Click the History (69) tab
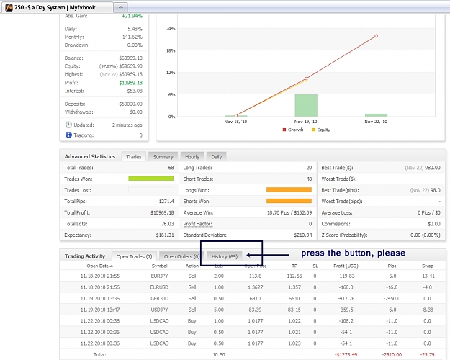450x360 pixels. click(225, 256)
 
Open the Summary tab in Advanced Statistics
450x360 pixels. click(163, 157)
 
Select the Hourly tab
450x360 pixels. click(192, 157)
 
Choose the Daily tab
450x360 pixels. click(217, 157)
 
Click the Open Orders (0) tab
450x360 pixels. click(181, 256)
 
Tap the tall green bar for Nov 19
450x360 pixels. click(306, 105)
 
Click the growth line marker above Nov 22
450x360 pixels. click(376, 36)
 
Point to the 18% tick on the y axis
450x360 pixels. click(171, 50)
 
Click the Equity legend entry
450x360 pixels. click(321, 130)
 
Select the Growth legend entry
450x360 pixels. click(293, 130)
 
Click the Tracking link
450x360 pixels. click(84, 135)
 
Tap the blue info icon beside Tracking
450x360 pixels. click(68, 135)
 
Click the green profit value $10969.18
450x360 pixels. click(130, 83)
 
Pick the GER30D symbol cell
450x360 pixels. click(160, 299)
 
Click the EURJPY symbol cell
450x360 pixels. click(159, 276)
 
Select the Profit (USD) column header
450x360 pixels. click(346, 266)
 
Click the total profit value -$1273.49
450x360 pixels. click(346, 354)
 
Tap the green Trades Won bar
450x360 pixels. click(151, 179)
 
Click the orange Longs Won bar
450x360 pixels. click(289, 190)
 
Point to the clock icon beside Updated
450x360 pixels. click(68, 125)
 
